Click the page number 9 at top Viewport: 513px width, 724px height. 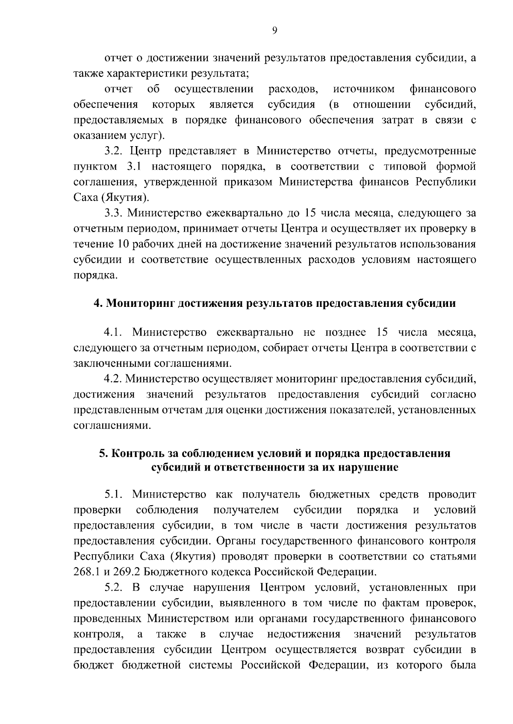274,30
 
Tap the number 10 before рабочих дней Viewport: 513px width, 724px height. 121,244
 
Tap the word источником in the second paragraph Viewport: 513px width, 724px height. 363,89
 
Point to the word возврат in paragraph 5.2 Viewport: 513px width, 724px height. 384,650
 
